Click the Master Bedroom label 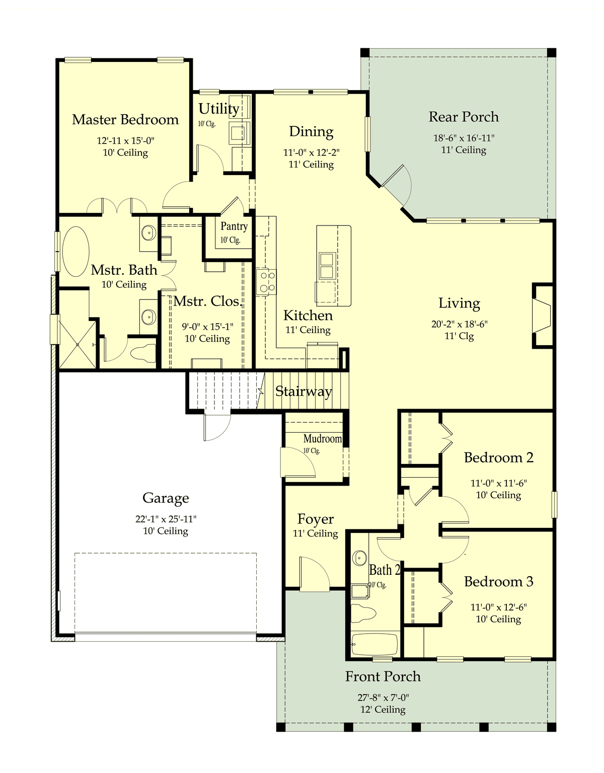click(x=125, y=120)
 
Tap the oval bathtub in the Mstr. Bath click(x=76, y=251)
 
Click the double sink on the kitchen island click(x=327, y=265)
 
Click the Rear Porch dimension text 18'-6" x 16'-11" click(x=464, y=138)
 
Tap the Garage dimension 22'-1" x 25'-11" click(x=166, y=519)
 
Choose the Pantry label click(x=234, y=226)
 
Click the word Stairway click(x=304, y=392)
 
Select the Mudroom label click(x=323, y=439)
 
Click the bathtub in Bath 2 click(x=374, y=644)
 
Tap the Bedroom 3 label click(x=499, y=582)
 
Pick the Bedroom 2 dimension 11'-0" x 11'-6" click(x=499, y=483)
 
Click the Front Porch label click(x=383, y=676)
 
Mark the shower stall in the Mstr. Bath click(x=78, y=344)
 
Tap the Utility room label click(x=219, y=109)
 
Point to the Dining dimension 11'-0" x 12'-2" click(x=311, y=152)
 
